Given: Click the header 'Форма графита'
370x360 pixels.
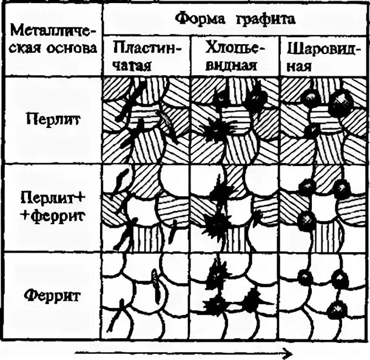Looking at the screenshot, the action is tap(235, 19).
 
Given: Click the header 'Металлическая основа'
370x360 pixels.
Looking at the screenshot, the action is tap(53, 38).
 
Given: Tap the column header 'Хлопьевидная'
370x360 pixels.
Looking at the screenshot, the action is tap(235, 56).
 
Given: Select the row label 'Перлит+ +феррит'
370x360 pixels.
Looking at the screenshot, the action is tap(54, 205).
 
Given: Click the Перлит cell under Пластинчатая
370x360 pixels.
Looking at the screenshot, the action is tap(146, 120).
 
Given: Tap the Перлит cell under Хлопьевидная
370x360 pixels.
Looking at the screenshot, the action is tap(235, 120).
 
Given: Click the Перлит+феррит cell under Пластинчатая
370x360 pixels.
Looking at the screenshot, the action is tap(146, 208).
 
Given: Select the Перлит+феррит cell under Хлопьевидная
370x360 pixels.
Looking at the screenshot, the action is tap(235, 208).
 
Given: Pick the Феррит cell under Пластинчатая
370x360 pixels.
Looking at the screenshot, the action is tap(146, 296).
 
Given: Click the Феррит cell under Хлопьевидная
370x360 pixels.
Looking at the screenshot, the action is tap(235, 296).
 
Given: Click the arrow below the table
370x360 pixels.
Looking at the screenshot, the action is tap(182, 352).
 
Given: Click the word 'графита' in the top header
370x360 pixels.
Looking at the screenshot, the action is tap(267, 20).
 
